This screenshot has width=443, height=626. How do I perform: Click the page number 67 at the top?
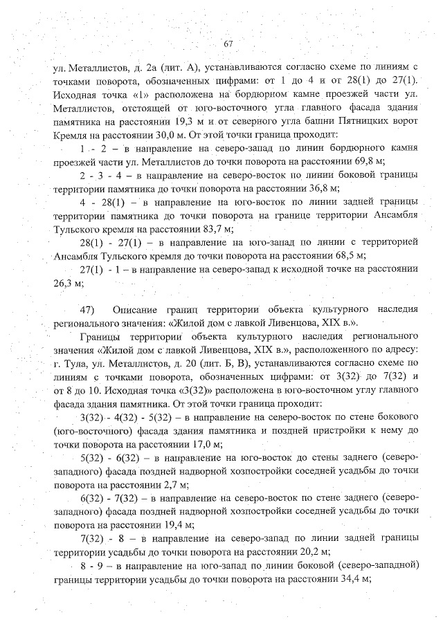click(x=228, y=45)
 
